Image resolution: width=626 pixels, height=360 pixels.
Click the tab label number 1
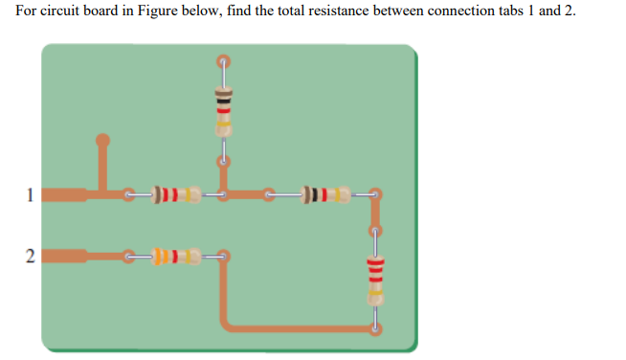pyautogui.click(x=30, y=197)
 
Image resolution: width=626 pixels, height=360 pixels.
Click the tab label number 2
pyautogui.click(x=30, y=256)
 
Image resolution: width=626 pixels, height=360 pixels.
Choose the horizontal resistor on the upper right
pyautogui.click(x=325, y=196)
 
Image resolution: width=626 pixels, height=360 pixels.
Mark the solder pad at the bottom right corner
pyautogui.click(x=374, y=328)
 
